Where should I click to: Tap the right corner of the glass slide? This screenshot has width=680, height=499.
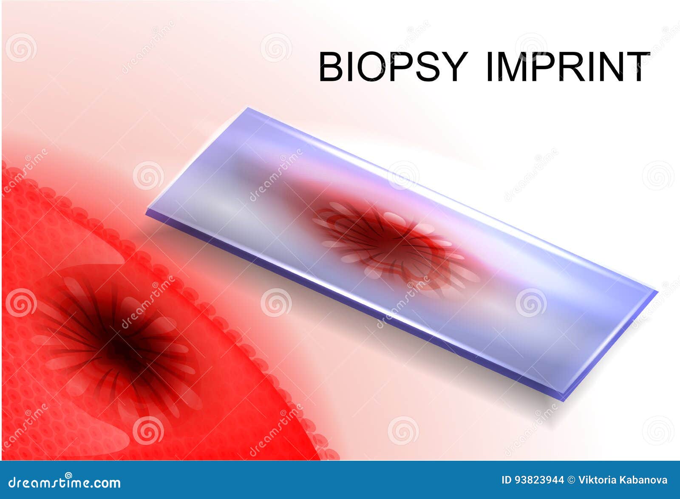[657, 292]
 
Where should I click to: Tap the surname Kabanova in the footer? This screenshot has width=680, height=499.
[646, 480]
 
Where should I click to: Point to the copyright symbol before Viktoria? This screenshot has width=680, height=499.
[572, 480]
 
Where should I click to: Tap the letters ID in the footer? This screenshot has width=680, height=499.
[507, 480]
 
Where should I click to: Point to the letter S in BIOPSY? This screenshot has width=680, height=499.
[424, 67]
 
